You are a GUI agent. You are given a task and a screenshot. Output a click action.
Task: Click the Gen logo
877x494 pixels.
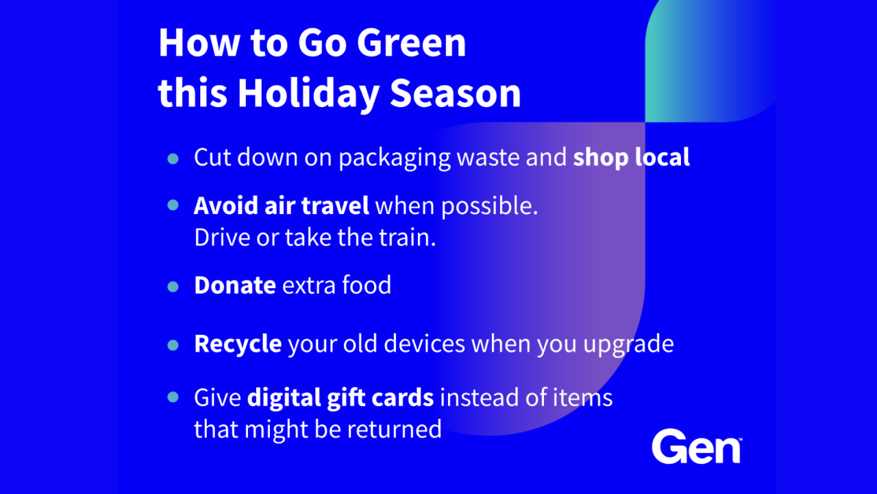[697, 446]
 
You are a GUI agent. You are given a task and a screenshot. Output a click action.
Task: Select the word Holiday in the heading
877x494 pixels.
[308, 94]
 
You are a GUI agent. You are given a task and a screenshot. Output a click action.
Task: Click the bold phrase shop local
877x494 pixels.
[631, 158]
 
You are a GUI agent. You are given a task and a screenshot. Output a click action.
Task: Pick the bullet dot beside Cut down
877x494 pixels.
[173, 158]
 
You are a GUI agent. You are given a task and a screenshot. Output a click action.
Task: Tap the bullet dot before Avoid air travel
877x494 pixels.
[173, 204]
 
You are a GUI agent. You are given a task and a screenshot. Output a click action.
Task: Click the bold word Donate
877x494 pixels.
[235, 285]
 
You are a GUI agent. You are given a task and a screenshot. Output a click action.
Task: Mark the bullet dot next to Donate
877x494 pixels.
[173, 287]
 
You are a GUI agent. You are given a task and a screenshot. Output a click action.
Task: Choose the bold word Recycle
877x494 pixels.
[238, 344]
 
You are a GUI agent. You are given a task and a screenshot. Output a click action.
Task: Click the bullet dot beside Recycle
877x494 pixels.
[173, 345]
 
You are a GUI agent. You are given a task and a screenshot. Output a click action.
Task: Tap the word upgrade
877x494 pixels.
[628, 345]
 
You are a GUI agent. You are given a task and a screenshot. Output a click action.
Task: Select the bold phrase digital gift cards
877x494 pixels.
[341, 399]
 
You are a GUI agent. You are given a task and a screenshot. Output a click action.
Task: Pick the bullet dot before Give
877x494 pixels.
[173, 397]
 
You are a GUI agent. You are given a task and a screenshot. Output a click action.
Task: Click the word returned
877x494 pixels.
[395, 429]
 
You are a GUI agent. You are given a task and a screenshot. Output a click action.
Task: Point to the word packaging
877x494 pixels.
[395, 158]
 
